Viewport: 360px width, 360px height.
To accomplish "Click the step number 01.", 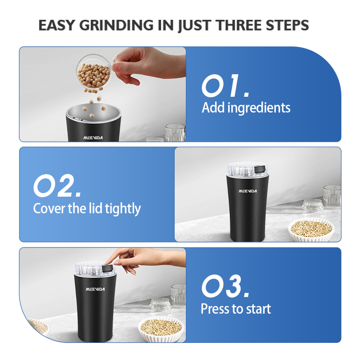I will click(225, 86).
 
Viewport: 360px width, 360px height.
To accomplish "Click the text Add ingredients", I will click(246, 108).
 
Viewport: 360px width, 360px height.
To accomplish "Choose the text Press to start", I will click(236, 309).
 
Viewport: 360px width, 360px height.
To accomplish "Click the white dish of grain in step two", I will click(310, 229).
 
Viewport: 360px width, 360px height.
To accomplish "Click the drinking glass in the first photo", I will click(175, 132).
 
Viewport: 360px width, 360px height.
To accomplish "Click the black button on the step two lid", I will click(260, 170).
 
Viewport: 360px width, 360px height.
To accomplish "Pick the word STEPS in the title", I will click(287, 25).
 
